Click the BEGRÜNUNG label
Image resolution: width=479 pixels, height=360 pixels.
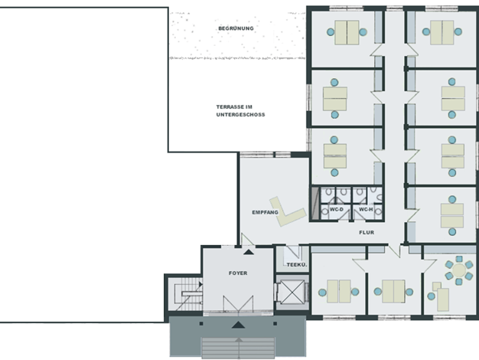coord(236,28)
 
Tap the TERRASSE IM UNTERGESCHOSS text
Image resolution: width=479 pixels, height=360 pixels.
coord(240,111)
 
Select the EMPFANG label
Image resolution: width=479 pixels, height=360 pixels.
coord(265,212)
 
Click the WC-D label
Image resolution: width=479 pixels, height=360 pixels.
coord(337,210)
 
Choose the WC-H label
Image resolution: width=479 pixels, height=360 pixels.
coord(366,210)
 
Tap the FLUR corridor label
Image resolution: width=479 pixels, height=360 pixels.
coord(367,232)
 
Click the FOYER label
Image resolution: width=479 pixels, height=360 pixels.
coord(238,273)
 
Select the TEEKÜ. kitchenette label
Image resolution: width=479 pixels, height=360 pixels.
coord(297,265)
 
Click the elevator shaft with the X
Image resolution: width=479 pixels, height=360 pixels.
coord(292,292)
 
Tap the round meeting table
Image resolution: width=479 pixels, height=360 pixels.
coord(458,270)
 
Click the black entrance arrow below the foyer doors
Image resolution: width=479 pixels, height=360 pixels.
coord(238,325)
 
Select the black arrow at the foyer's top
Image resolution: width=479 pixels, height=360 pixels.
coord(249,252)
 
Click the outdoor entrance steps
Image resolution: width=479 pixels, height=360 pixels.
coord(238,347)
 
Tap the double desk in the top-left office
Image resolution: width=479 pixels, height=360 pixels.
coord(347,32)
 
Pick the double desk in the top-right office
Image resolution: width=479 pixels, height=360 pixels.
coord(442,32)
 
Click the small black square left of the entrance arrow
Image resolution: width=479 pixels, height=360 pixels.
coord(201,323)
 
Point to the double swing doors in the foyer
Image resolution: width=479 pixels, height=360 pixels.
coord(238,303)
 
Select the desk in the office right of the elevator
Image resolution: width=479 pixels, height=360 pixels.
coord(339,292)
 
